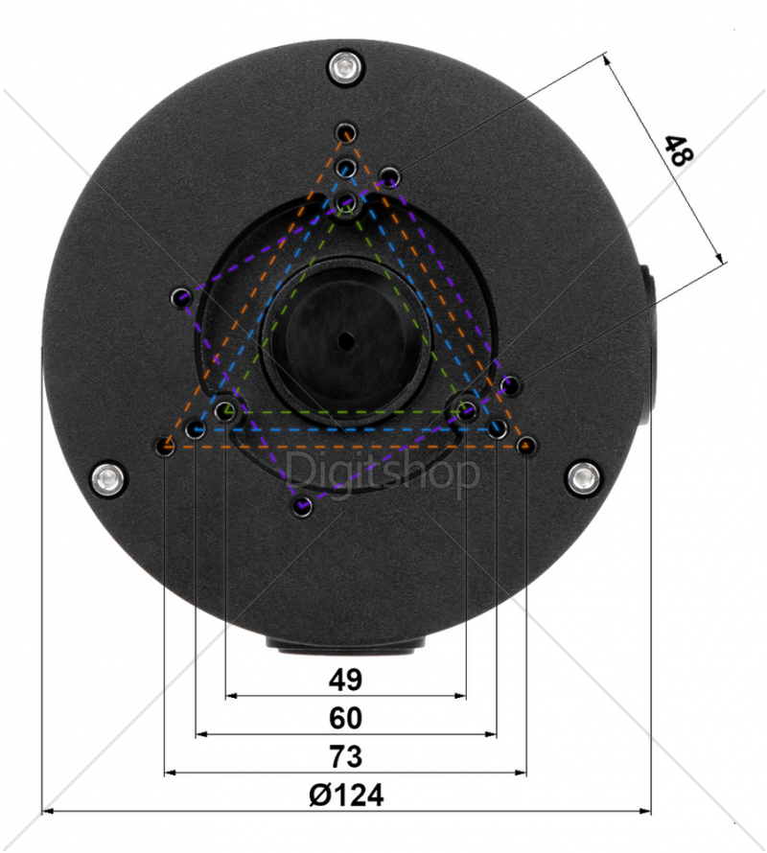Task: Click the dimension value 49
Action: click(x=345, y=680)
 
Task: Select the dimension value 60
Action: click(x=345, y=718)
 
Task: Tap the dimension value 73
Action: click(x=345, y=757)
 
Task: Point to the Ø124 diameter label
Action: click(x=346, y=795)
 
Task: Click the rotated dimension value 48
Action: click(x=679, y=150)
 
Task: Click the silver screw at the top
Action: click(x=346, y=68)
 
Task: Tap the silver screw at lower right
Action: click(x=584, y=477)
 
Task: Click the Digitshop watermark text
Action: click(x=383, y=472)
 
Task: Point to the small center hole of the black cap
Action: click(x=346, y=341)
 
